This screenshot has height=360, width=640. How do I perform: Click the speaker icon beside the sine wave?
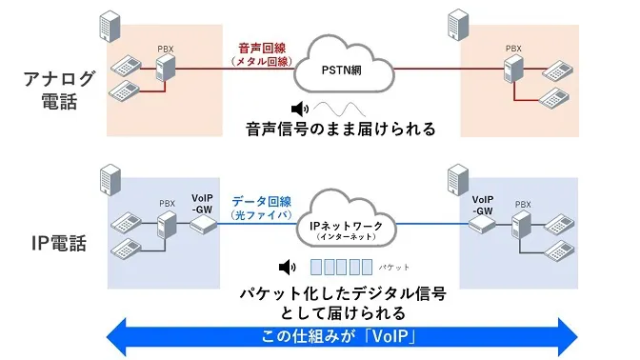301,108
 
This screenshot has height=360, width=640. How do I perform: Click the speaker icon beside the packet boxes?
285,268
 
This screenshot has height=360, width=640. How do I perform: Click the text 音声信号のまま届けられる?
340,130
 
